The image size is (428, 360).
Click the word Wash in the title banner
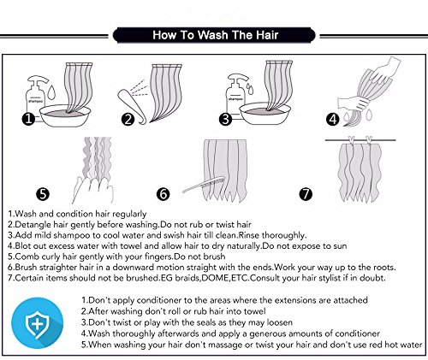213,35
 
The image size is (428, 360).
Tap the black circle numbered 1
28,119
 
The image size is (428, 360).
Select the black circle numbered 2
128,119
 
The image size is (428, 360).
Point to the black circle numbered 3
225,119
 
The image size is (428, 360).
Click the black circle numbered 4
333,119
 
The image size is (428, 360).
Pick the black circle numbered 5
43,194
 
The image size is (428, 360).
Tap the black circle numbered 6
163,194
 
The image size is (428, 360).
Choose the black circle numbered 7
306,194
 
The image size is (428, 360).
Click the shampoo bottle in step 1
35,97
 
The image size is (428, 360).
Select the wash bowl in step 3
265,113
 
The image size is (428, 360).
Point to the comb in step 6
204,185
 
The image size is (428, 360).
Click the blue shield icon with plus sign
37,323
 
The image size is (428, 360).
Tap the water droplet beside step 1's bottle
51,91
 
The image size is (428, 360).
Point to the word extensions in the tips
295,300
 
